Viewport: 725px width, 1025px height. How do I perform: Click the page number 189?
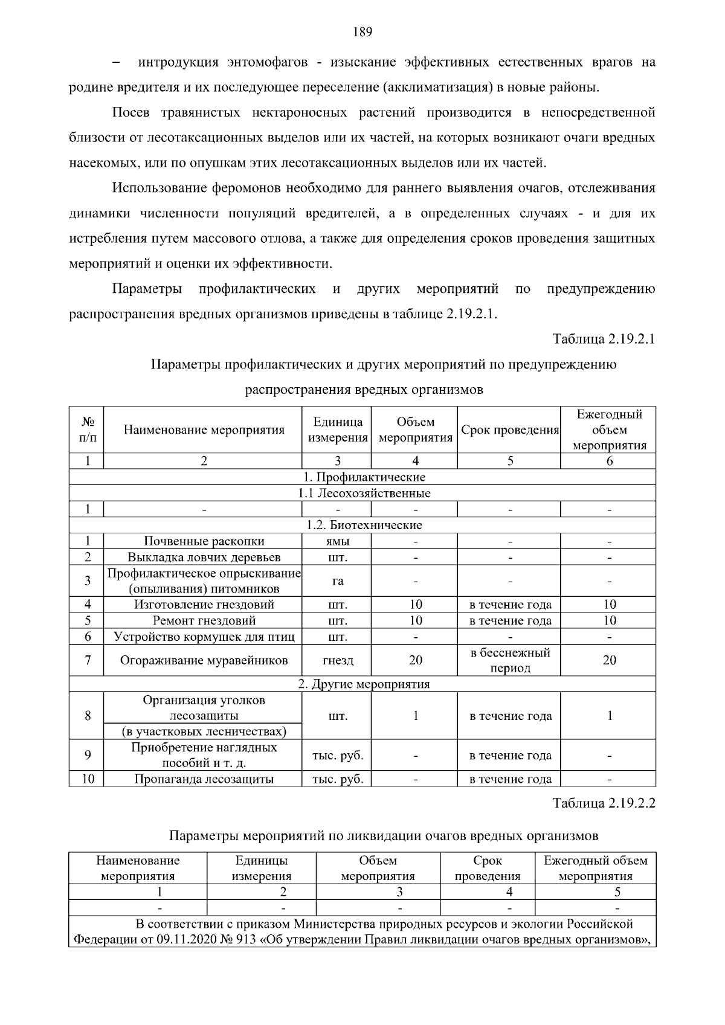point(362,32)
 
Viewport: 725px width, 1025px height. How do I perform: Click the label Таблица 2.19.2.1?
point(604,339)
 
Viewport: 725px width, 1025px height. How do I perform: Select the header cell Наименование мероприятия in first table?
point(204,430)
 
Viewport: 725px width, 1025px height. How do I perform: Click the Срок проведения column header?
point(509,430)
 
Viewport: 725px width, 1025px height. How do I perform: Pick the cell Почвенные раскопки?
point(204,541)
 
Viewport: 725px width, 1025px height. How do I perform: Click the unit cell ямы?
point(337,541)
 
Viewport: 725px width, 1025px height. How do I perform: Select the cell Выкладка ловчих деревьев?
point(204,557)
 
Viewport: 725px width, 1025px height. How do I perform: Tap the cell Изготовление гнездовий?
point(204,605)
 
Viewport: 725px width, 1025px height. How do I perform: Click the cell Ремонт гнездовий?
point(204,620)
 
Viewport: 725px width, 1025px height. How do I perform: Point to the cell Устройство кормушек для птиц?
point(204,637)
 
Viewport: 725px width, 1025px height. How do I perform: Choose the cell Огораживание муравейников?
point(204,660)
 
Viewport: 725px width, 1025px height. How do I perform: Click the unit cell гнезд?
point(337,660)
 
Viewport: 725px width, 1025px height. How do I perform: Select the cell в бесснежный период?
point(510,660)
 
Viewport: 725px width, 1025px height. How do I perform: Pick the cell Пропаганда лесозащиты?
point(204,779)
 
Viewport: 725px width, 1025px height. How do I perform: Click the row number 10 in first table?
point(88,779)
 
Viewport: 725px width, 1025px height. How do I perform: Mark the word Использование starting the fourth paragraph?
point(159,188)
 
